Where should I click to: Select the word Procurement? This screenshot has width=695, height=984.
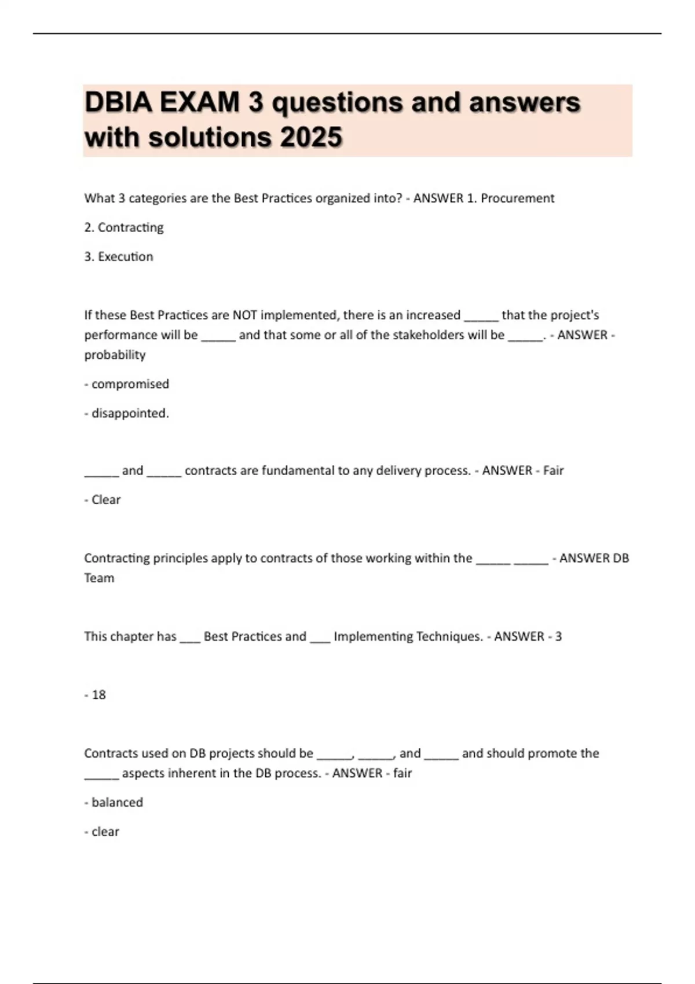517,199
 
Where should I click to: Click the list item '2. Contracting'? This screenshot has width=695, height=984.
124,227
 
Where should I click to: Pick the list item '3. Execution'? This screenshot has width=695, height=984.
119,257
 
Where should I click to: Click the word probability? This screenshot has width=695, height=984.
115,355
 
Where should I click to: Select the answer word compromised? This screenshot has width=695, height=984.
130,384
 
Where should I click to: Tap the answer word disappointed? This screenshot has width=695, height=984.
130,413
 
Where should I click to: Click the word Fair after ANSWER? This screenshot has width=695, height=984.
553,471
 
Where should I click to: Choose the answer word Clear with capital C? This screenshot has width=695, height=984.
106,500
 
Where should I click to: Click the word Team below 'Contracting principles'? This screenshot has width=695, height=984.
99,578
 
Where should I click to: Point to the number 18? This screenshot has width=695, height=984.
99,695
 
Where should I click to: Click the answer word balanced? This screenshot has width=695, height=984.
117,802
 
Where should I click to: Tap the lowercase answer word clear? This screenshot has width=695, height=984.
105,832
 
